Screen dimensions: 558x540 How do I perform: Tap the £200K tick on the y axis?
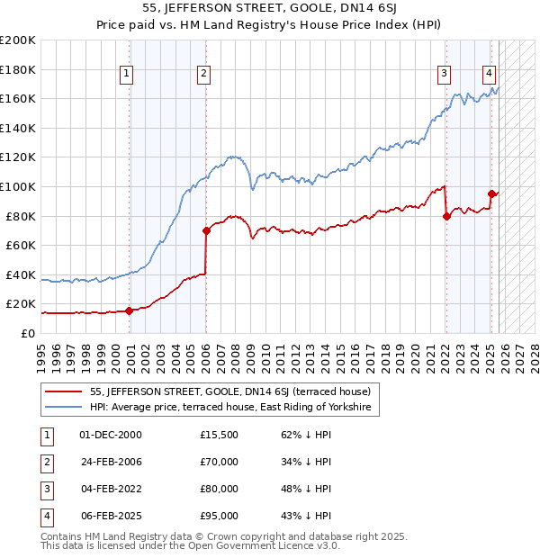(x=18, y=40)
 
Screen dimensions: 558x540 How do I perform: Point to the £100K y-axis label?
(x=18, y=186)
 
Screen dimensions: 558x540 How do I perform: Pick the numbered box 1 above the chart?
(x=127, y=74)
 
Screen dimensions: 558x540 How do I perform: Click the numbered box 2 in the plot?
(x=204, y=74)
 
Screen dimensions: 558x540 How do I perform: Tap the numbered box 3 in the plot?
(x=444, y=74)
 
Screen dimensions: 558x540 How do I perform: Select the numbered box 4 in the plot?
(x=488, y=74)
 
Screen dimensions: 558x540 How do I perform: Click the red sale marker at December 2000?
(x=129, y=310)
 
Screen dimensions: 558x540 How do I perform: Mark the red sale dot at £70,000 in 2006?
(x=206, y=231)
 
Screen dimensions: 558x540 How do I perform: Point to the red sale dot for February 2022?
(x=446, y=216)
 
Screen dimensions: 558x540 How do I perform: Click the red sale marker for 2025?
(x=491, y=193)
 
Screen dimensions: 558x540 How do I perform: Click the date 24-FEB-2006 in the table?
(x=111, y=462)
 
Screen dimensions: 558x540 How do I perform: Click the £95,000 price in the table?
(x=219, y=516)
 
